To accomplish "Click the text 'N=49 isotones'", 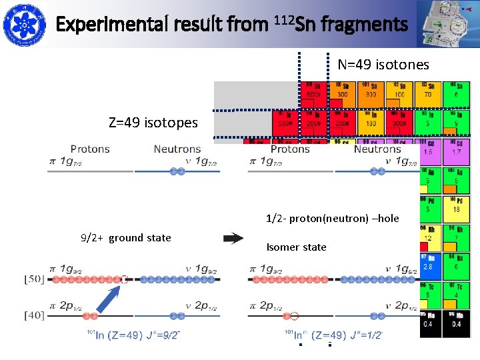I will [x=383, y=65].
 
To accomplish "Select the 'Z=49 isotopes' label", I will [x=153, y=123].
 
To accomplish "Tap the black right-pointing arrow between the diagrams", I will [x=233, y=237].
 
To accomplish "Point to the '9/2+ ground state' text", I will [x=126, y=238].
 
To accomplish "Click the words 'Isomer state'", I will [x=296, y=247].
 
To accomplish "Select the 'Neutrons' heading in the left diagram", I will [x=177, y=149].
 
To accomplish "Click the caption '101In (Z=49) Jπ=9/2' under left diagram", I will [x=134, y=335].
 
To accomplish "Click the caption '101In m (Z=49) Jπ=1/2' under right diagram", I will [x=333, y=335].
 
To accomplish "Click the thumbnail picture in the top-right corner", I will [x=447, y=24].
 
